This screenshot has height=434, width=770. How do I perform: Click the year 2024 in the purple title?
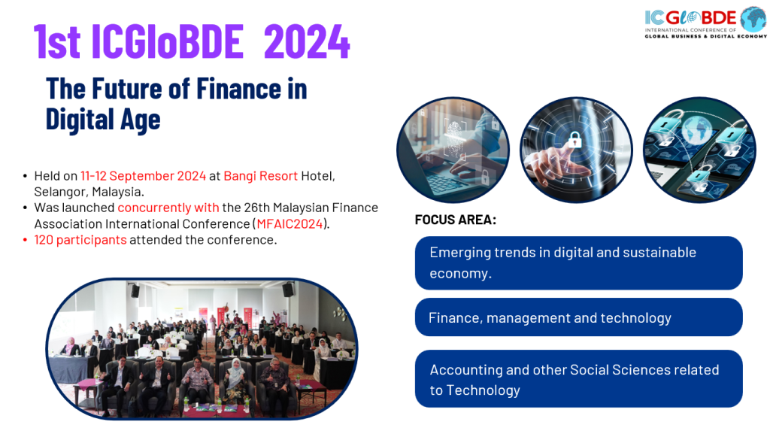click(x=307, y=41)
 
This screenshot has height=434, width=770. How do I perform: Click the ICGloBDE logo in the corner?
click(x=705, y=22)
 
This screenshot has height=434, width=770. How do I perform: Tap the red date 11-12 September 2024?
click(x=143, y=176)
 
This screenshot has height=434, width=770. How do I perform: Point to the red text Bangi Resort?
click(x=261, y=176)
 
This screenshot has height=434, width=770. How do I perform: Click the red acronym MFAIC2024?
click(x=290, y=224)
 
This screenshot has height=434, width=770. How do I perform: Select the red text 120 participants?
click(x=80, y=240)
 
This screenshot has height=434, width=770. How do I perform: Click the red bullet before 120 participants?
click(x=25, y=240)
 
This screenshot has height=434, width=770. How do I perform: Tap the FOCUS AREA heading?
click(x=455, y=220)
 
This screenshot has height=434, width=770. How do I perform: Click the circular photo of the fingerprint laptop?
click(x=453, y=150)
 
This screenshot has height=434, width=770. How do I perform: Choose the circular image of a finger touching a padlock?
click(x=576, y=150)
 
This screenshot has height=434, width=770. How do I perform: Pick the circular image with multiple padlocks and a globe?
click(x=699, y=150)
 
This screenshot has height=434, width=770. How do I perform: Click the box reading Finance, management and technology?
click(x=578, y=317)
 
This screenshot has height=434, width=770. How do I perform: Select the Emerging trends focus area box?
click(x=578, y=263)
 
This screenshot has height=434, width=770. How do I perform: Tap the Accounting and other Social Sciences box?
click(x=578, y=378)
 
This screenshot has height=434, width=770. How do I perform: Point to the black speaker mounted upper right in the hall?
click(x=288, y=289)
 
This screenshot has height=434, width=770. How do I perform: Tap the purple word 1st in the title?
click(x=57, y=41)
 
